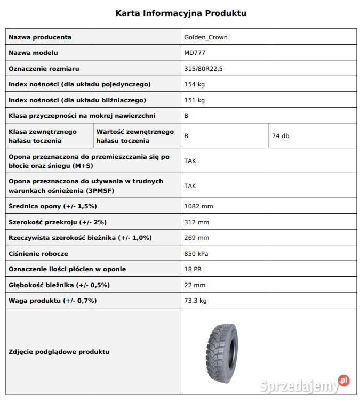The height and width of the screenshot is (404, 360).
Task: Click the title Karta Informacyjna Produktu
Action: (x=181, y=13)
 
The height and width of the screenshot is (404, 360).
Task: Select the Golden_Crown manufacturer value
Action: (x=206, y=37)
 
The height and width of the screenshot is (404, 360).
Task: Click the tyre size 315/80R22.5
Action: (x=203, y=69)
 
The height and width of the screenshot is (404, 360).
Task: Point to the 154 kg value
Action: (x=194, y=84)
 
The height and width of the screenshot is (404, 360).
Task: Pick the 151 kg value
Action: (x=194, y=100)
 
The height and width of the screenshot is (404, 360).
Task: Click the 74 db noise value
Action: (x=281, y=136)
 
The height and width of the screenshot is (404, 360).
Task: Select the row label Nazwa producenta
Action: (x=40, y=37)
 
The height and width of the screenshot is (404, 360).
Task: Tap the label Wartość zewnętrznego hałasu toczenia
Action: (x=135, y=136)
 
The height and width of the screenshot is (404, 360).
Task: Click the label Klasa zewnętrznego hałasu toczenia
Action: (x=43, y=136)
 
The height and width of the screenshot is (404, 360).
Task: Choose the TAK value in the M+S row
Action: (x=190, y=160)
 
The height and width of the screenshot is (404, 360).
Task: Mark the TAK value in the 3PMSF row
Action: (x=190, y=185)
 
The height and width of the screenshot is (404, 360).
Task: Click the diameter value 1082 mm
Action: (x=198, y=206)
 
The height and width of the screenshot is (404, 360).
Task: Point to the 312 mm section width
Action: (x=196, y=222)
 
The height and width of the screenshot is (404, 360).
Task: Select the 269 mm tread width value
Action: (x=196, y=238)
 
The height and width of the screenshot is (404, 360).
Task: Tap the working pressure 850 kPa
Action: (x=197, y=254)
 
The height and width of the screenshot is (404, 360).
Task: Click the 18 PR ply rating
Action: (x=193, y=269)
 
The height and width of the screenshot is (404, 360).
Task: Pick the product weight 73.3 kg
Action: (x=195, y=301)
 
